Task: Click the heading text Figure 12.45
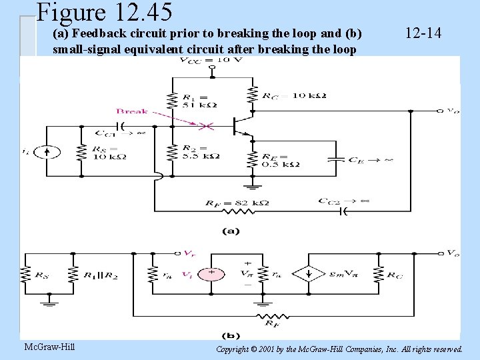pyautogui.click(x=105, y=12)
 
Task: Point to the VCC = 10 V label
pyautogui.click(x=211, y=61)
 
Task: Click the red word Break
pyautogui.click(x=131, y=111)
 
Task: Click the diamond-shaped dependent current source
pyautogui.click(x=307, y=273)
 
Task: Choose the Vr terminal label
pyautogui.click(x=191, y=254)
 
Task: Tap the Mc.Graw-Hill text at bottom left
pyautogui.click(x=49, y=347)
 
